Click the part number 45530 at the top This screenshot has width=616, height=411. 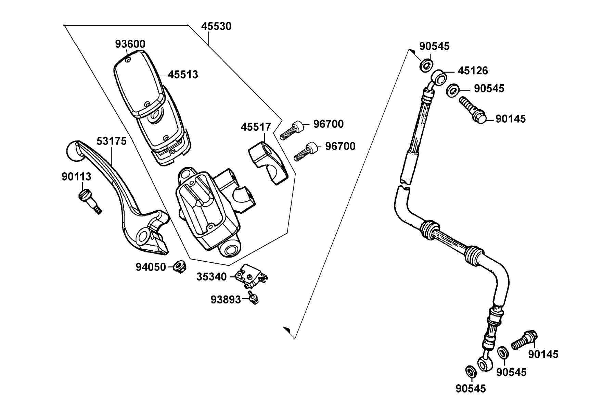click(x=216, y=26)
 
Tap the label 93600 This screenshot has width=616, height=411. click(x=130, y=44)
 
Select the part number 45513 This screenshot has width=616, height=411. click(x=183, y=74)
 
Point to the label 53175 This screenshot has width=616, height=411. click(x=112, y=141)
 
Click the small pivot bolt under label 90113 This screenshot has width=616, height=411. click(x=90, y=201)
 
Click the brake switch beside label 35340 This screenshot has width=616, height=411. click(x=251, y=275)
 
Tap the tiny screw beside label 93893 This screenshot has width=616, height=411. click(x=254, y=297)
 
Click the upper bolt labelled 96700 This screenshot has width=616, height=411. click(x=291, y=130)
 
